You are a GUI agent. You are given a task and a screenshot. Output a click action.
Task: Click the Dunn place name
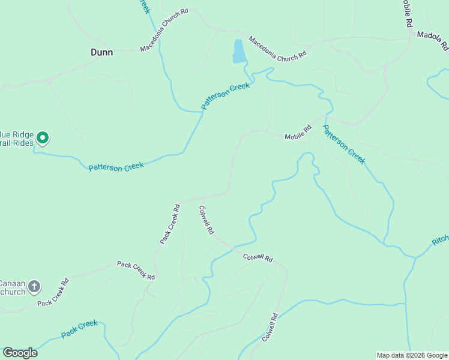tap(101, 52)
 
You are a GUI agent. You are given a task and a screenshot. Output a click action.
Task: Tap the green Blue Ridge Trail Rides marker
tap(43, 139)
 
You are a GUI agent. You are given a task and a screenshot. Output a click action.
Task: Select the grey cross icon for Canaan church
tap(34, 287)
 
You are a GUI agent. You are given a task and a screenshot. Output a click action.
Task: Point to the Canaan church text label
tap(12, 287)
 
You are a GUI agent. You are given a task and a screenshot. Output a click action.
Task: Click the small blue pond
tap(238, 52)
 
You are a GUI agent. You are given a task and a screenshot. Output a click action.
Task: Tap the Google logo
tap(20, 352)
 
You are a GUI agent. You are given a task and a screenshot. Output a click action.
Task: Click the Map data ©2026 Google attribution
tap(412, 355)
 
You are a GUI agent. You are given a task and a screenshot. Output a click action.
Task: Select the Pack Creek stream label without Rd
tap(79, 328)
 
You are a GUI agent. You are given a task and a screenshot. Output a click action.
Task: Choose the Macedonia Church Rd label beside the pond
tap(277, 47)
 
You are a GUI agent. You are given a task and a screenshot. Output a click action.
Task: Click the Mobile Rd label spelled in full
tap(298, 131)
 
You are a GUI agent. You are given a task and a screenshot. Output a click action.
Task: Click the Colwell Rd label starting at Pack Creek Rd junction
tap(206, 220)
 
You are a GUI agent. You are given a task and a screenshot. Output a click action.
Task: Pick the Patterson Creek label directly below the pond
tap(225, 95)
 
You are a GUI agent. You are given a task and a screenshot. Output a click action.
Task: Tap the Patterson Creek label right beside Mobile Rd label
tap(343, 144)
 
